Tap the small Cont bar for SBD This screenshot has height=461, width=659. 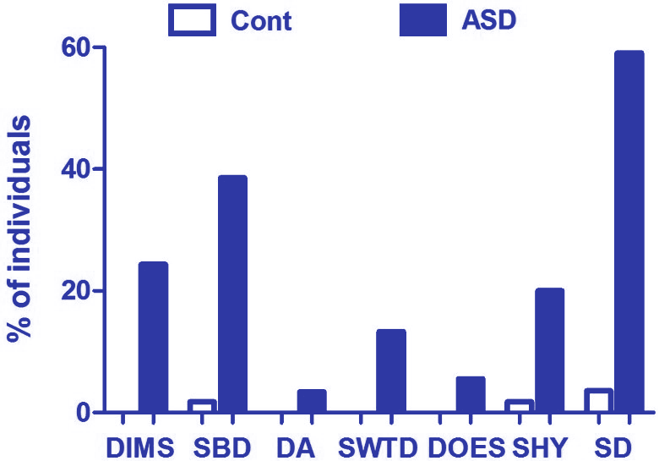(x=202, y=406)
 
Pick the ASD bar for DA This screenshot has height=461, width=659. (x=312, y=401)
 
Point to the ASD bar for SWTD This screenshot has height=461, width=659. (x=391, y=370)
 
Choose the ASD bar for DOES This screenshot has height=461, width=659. (x=471, y=394)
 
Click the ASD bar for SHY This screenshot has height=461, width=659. (x=549, y=350)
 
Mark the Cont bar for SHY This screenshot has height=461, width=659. (x=519, y=406)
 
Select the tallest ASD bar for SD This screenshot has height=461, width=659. (x=629, y=232)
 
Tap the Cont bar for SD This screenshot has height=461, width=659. (x=598, y=401)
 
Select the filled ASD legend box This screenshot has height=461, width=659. (x=422, y=20)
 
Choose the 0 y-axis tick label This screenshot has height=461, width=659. (x=83, y=413)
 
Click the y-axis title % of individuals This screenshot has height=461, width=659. (x=20, y=228)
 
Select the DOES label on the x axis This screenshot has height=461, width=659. (x=466, y=447)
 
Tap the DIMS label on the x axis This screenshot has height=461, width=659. (x=140, y=447)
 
